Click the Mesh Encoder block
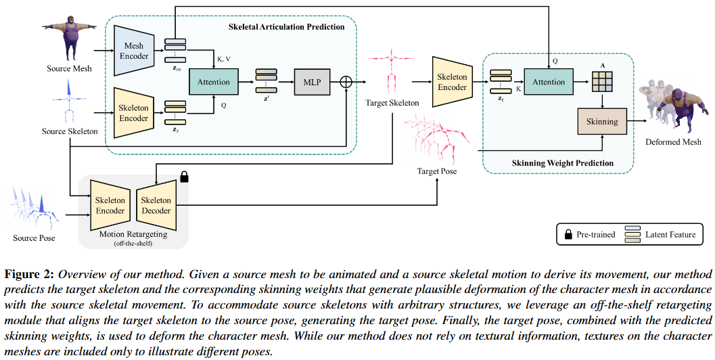[134, 51]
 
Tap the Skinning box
[602, 122]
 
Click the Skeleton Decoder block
[156, 205]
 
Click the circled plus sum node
[346, 81]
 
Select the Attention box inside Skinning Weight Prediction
[549, 82]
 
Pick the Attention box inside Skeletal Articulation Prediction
[214, 82]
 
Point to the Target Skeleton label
[392, 104]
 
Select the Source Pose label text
[34, 238]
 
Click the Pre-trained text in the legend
[596, 235]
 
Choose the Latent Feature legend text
[670, 235]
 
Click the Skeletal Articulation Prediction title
[287, 27]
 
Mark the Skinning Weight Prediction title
[572, 163]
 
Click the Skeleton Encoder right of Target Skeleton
[453, 82]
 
